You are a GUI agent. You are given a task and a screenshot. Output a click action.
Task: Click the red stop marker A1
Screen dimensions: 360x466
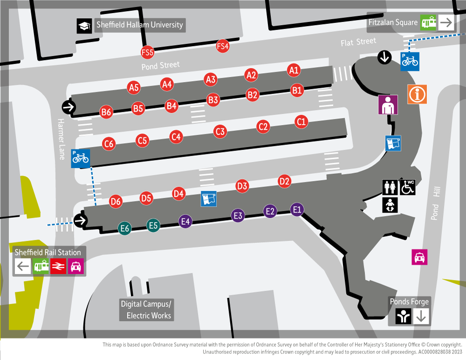click(x=293, y=70)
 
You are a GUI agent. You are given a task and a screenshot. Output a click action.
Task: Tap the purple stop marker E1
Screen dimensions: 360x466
click(x=297, y=209)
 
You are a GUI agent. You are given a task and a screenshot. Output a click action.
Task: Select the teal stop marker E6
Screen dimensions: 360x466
click(x=124, y=228)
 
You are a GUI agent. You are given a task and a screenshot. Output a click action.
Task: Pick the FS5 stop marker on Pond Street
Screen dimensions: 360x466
click(x=148, y=52)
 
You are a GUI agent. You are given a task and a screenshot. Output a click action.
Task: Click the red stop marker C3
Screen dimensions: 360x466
click(x=220, y=132)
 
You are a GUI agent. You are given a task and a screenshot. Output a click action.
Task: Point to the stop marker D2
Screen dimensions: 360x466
click(x=284, y=181)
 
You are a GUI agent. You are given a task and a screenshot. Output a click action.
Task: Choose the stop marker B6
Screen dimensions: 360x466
click(x=106, y=112)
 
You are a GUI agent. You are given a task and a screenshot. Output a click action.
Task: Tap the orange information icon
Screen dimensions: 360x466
click(x=417, y=94)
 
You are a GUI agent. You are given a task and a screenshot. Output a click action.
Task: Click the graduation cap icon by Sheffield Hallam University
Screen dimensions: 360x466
click(x=84, y=26)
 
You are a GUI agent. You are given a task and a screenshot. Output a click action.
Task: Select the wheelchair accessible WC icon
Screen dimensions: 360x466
click(x=408, y=187)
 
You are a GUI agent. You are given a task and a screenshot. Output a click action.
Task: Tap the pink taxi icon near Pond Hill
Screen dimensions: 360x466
click(x=419, y=257)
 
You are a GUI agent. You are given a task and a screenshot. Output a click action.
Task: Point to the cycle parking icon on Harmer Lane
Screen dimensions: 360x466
click(x=80, y=159)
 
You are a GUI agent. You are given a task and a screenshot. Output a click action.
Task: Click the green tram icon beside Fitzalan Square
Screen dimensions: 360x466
click(x=428, y=22)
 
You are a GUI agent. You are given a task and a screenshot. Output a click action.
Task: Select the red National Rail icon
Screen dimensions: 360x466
click(x=58, y=267)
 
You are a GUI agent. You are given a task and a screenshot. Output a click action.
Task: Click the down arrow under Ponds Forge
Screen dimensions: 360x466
click(x=421, y=317)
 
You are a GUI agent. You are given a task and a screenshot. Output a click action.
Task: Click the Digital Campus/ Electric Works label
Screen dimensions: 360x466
click(x=146, y=310)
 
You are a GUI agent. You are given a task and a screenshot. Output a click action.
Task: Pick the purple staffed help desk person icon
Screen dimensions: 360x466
click(x=388, y=105)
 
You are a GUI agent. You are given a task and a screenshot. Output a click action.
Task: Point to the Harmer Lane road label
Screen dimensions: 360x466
click(x=61, y=139)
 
